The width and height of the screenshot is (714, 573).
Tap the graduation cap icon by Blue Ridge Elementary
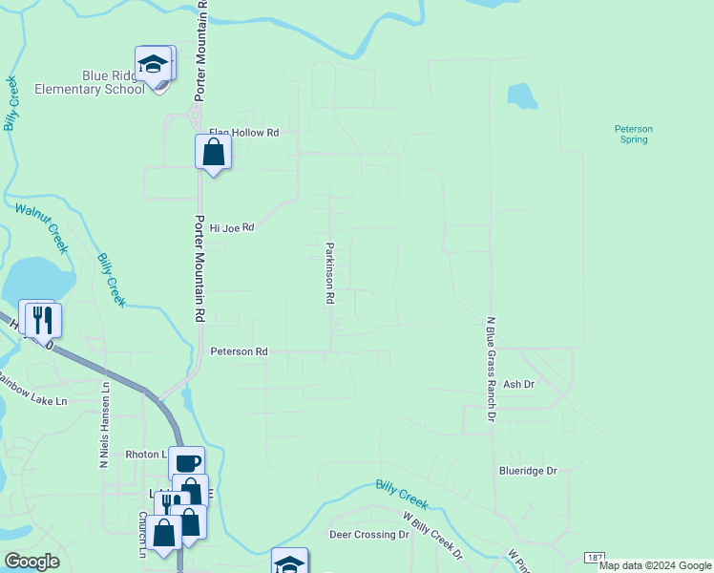click(x=152, y=65)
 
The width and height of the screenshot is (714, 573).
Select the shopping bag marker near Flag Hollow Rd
click(x=213, y=152)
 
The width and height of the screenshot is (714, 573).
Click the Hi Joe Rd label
click(x=232, y=228)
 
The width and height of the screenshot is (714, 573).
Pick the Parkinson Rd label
click(x=329, y=272)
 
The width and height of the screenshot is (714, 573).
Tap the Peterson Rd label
click(x=239, y=351)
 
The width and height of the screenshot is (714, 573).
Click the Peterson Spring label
click(x=633, y=134)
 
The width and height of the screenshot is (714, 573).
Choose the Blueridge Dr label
click(x=527, y=471)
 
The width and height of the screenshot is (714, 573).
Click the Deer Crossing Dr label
click(x=368, y=535)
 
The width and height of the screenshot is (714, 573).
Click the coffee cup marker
click(x=187, y=463)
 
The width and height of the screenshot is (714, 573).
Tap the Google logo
click(x=31, y=562)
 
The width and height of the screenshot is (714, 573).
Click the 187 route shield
click(x=596, y=557)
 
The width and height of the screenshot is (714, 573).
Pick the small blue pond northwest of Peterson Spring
click(x=522, y=95)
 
